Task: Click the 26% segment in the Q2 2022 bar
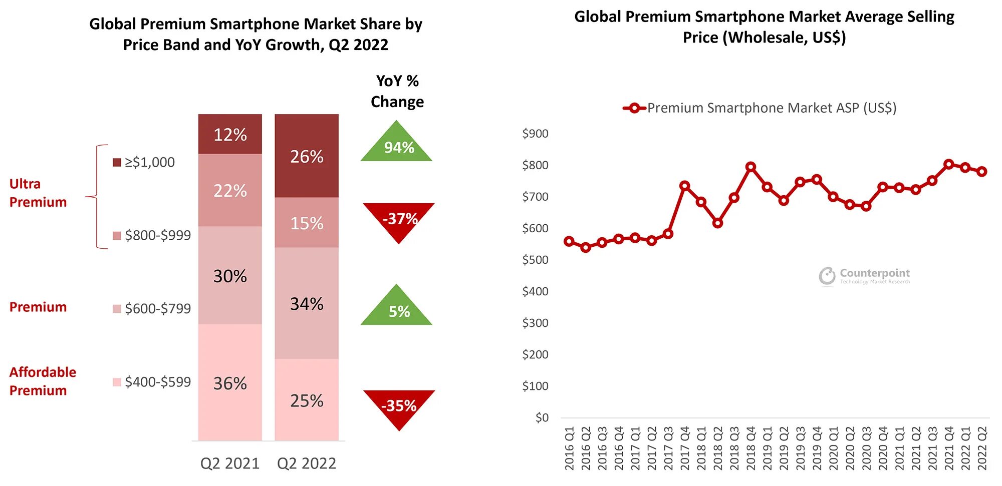pos(307,156)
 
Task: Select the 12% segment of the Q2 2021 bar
pos(230,134)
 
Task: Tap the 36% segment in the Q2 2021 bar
pos(230,383)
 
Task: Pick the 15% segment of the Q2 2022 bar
pos(307,223)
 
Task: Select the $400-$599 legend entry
pos(152,382)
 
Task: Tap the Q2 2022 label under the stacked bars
pos(307,463)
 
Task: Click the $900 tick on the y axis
pos(535,134)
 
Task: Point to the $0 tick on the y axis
pos(542,417)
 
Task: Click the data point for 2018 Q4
pos(750,167)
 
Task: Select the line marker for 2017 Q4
pos(684,186)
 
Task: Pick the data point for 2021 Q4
pos(948,164)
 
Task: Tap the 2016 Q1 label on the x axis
pos(569,448)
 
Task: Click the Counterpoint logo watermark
pos(865,275)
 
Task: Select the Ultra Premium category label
pos(38,193)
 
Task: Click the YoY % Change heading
pos(397,91)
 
